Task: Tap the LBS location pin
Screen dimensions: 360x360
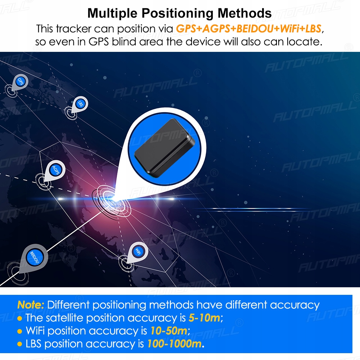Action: point(80,105)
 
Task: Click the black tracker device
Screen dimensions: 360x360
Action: point(165,148)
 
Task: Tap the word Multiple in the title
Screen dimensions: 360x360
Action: point(112,13)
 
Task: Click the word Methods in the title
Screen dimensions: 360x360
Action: point(244,13)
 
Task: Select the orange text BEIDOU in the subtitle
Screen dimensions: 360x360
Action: point(255,29)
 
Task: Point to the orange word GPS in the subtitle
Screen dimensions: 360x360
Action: point(186,29)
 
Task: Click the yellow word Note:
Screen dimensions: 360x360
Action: point(31,305)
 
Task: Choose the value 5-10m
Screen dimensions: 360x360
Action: point(204,318)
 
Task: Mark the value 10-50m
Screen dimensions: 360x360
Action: point(169,331)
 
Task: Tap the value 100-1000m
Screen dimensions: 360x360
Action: point(175,344)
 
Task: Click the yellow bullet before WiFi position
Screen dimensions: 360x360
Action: point(20,332)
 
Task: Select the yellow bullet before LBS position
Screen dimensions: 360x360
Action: point(20,345)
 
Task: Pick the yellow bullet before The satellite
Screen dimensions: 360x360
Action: point(20,319)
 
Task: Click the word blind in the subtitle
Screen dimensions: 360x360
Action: point(124,42)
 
